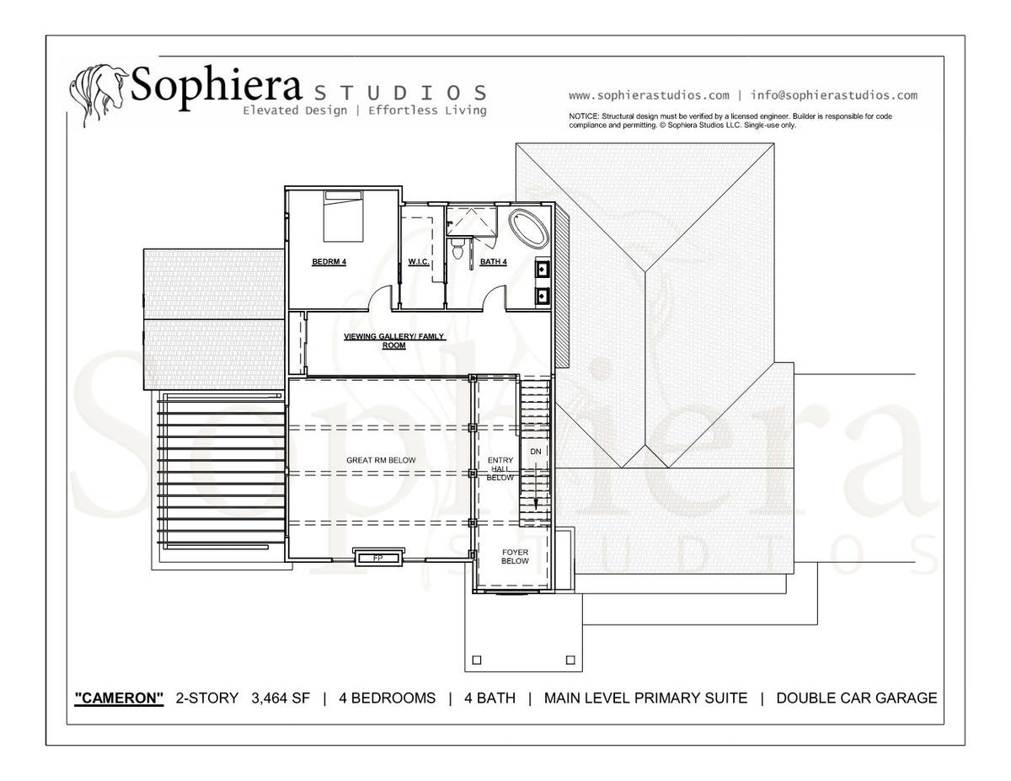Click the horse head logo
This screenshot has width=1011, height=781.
(x=99, y=94)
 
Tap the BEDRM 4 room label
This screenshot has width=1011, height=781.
(x=329, y=262)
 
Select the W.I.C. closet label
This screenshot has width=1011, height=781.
(x=419, y=262)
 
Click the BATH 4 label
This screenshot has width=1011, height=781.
(x=493, y=262)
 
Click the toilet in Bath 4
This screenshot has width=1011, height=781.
(x=457, y=249)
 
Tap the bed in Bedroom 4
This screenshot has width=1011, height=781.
(x=343, y=216)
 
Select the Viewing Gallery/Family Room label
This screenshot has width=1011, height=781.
(x=394, y=341)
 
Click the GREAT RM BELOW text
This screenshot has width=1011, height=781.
(x=381, y=460)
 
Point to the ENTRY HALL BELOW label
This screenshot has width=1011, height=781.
(x=500, y=468)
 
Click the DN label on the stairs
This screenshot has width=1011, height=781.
(x=536, y=452)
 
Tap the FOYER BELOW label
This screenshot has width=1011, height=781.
(x=515, y=557)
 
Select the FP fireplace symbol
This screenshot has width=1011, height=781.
(x=378, y=558)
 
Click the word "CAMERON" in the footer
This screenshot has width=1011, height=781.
(x=119, y=698)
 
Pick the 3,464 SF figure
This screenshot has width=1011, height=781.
(x=281, y=698)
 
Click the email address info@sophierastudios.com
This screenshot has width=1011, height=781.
(x=834, y=95)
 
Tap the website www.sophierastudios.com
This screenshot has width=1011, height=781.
(x=649, y=96)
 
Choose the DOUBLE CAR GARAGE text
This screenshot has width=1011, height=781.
(x=857, y=698)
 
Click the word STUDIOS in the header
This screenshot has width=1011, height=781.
(x=400, y=94)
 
